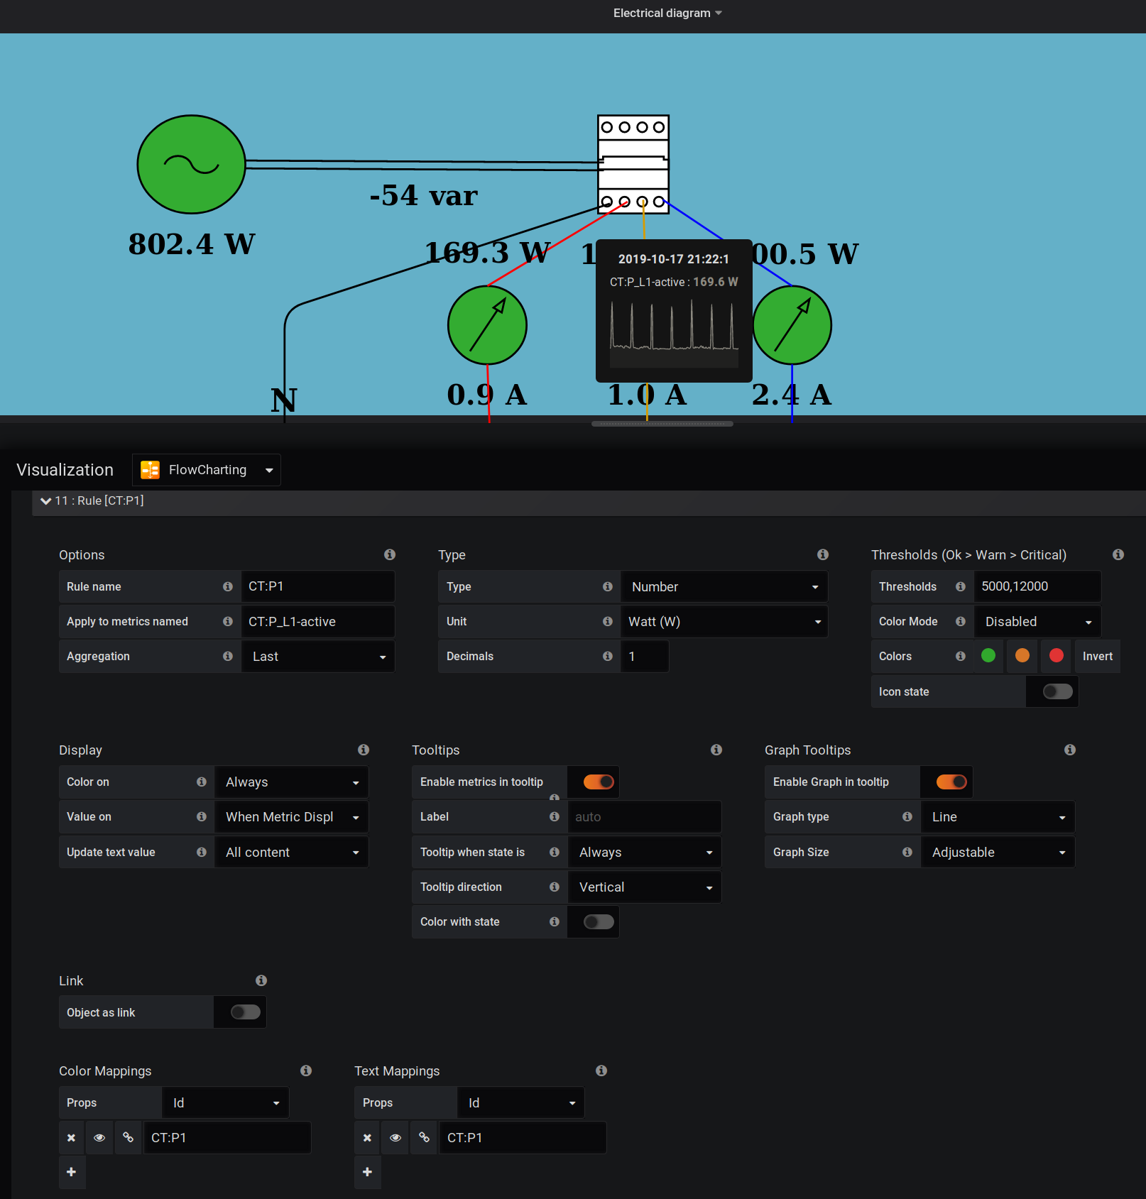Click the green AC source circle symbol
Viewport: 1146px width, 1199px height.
(x=191, y=164)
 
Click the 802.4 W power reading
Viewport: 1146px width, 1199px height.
(x=192, y=244)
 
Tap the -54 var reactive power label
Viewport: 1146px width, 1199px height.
(x=424, y=195)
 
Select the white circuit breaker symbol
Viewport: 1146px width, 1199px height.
(x=633, y=164)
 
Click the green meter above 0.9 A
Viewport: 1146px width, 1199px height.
(x=487, y=325)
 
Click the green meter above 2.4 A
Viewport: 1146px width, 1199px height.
(x=792, y=325)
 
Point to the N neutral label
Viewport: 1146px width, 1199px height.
(x=283, y=400)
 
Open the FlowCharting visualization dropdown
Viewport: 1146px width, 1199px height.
(x=207, y=470)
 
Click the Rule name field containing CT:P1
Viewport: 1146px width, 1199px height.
(x=317, y=586)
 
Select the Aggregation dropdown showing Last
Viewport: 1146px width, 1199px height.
(x=317, y=657)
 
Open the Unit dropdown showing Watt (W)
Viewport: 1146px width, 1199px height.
(x=724, y=622)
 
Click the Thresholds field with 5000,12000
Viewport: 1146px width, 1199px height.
(x=1037, y=586)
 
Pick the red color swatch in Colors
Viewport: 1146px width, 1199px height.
(x=1056, y=656)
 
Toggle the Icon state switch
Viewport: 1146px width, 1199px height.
(x=1057, y=691)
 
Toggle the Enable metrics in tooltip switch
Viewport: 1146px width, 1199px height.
(x=598, y=782)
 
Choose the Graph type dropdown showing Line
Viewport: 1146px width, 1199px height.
(x=997, y=817)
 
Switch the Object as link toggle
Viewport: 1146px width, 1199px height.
(x=245, y=1012)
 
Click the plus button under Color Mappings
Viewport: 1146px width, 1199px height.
(x=72, y=1172)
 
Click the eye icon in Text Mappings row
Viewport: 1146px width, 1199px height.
(x=395, y=1138)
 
